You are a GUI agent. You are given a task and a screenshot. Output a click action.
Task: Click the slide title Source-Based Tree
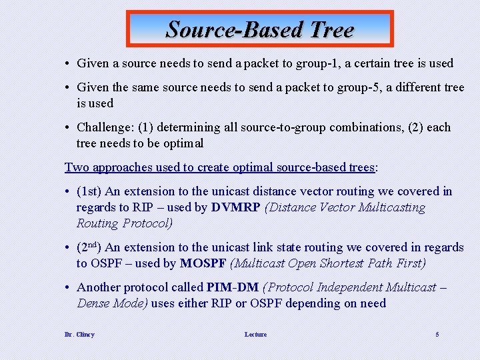[260, 29]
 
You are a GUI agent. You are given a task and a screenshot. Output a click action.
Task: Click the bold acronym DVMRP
[235, 207]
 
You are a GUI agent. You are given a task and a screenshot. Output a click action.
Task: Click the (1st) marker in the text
[89, 191]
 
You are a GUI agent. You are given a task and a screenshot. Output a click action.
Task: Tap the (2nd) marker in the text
[91, 247]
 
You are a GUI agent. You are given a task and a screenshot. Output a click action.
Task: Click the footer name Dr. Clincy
[79, 334]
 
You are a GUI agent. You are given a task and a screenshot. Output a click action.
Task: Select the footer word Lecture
[255, 334]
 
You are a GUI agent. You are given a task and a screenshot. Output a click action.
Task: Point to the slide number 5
[437, 334]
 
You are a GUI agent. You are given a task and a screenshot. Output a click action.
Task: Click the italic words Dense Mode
[112, 303]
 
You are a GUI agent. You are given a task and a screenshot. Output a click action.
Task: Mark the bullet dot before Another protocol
[69, 287]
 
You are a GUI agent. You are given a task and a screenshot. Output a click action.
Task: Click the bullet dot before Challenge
[69, 127]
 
